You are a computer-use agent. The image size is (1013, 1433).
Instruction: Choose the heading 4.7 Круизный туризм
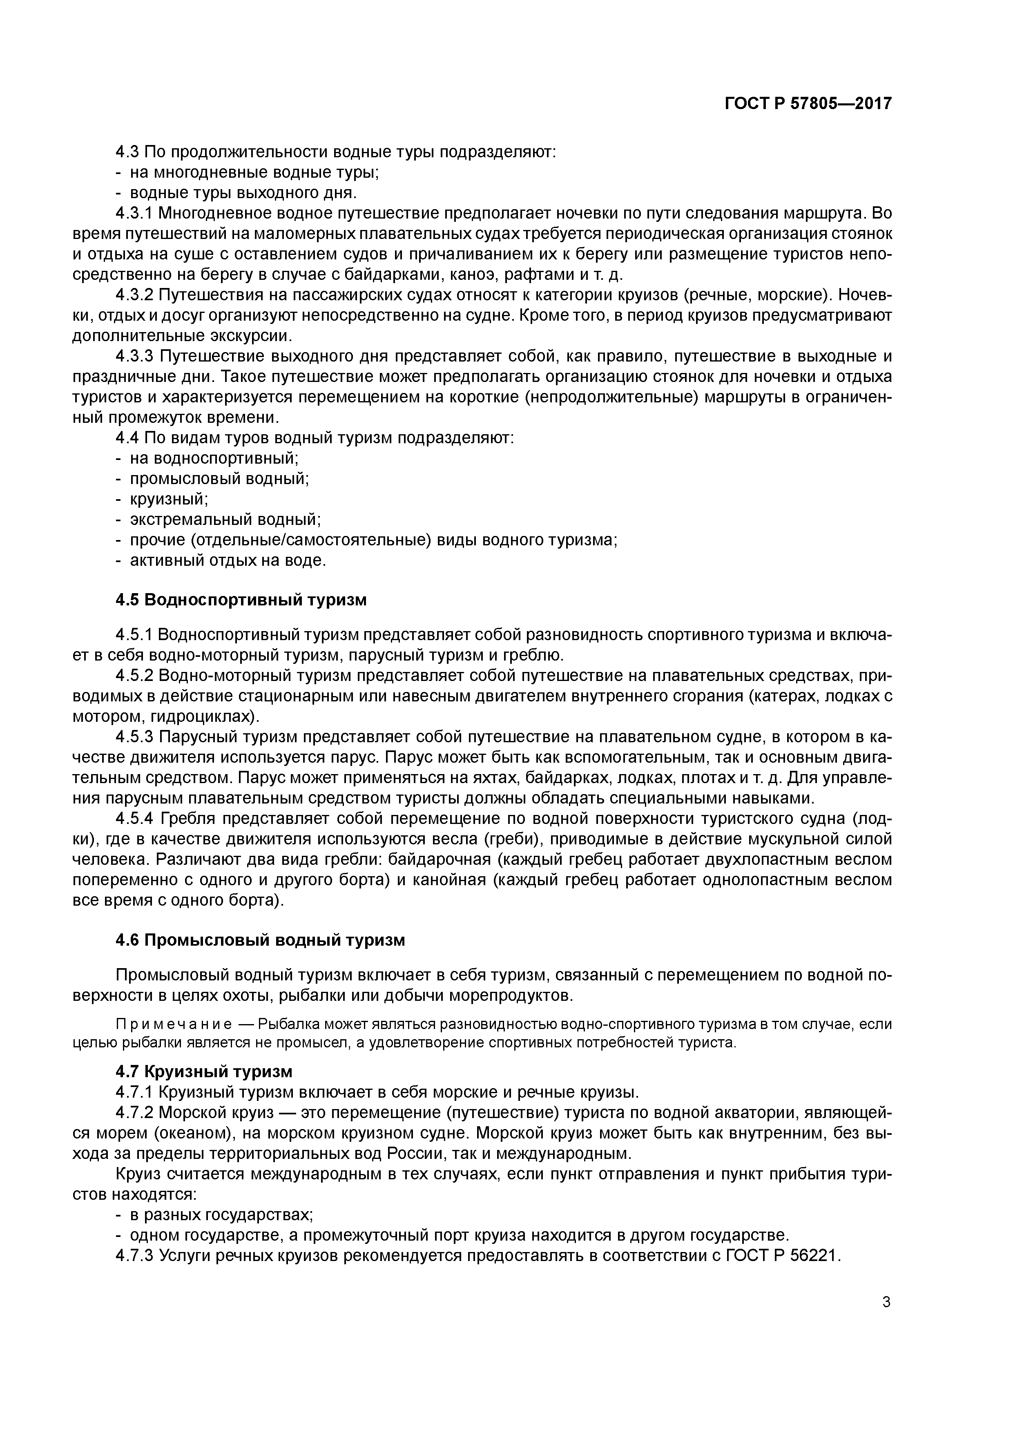click(203, 1071)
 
